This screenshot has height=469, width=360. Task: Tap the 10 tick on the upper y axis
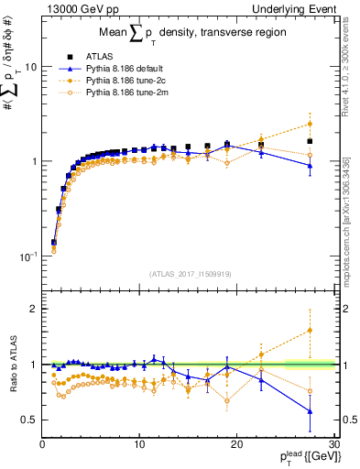[29, 67]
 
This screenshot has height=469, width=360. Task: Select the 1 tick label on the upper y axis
[32, 161]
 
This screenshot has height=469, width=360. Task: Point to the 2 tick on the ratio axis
[32, 309]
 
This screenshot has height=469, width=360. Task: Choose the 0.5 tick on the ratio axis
[28, 420]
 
